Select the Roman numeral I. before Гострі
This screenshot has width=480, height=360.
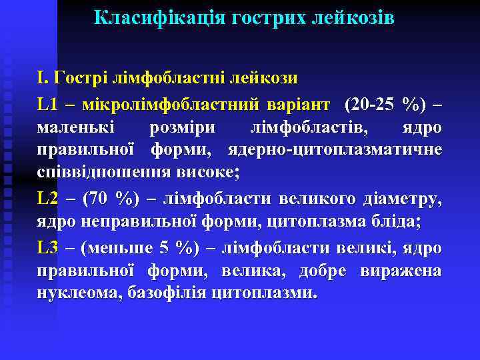click(x=43, y=79)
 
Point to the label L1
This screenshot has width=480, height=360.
click(x=49, y=105)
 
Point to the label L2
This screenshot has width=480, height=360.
click(x=49, y=198)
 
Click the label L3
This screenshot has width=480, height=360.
click(x=49, y=247)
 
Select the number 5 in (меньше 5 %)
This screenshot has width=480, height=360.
click(x=164, y=247)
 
